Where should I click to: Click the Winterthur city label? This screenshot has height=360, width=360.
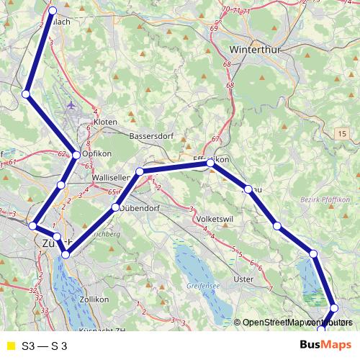(253, 50)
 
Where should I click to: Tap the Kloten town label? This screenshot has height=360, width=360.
(105, 122)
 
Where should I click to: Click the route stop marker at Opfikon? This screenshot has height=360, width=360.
(76, 155)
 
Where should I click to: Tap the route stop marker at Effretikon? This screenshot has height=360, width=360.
(210, 163)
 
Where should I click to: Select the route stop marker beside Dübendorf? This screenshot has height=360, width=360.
(115, 208)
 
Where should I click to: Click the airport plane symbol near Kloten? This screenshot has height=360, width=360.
(70, 106)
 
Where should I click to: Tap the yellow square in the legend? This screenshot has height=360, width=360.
(10, 346)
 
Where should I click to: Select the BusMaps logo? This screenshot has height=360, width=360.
(325, 345)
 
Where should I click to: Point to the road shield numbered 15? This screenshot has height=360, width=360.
(341, 134)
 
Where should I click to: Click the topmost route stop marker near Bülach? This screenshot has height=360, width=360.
(54, 10)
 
